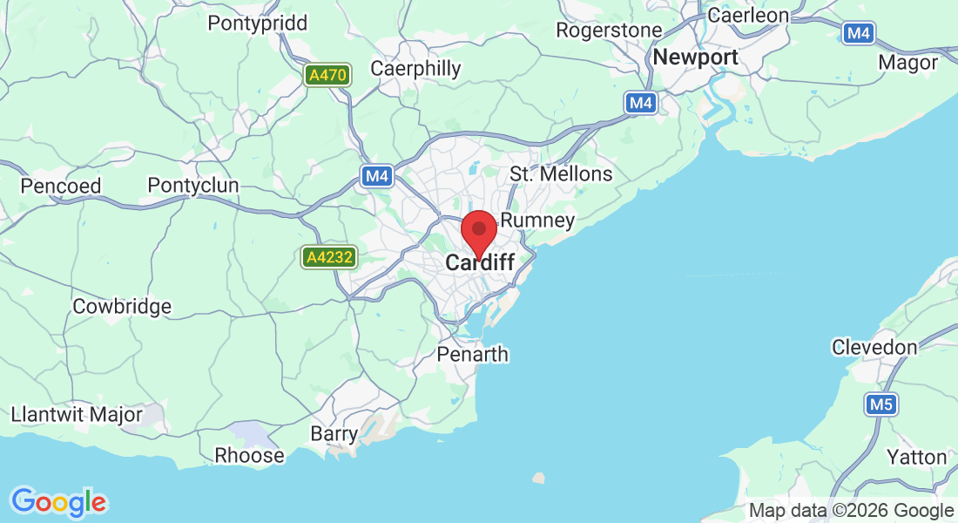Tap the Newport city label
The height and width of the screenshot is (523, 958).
tap(695, 58)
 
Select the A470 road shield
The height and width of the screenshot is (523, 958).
tap(328, 76)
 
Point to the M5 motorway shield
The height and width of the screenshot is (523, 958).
tap(881, 404)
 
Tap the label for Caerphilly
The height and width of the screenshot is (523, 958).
tap(415, 68)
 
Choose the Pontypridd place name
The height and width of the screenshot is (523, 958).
tap(257, 24)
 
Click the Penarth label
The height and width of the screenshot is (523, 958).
tap(473, 355)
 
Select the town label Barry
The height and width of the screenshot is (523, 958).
tap(334, 434)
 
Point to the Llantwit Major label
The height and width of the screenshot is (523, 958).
tap(77, 414)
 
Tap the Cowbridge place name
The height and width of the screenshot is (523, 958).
tap(122, 307)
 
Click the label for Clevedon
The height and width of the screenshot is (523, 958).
tap(874, 348)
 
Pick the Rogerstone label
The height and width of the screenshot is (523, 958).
tap(609, 31)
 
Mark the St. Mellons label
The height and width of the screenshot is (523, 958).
tap(561, 174)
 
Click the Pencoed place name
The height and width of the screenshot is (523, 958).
tap(61, 186)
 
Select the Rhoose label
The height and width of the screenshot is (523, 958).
tap(249, 456)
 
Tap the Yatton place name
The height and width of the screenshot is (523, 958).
tap(916, 457)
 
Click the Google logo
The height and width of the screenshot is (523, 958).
tap(58, 501)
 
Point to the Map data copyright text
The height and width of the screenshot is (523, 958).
tap(851, 511)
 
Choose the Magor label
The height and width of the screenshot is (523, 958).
tap(908, 63)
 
